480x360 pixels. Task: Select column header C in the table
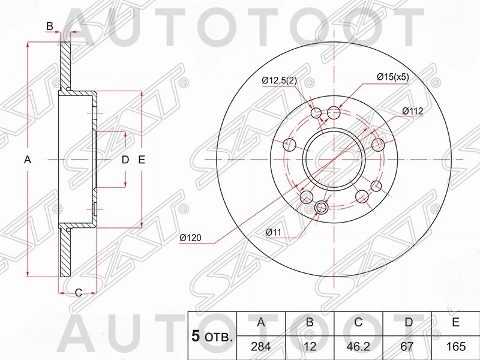click(x=358, y=323)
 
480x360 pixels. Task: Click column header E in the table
click(x=456, y=323)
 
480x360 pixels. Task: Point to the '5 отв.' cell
click(x=212, y=336)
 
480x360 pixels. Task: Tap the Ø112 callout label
click(x=413, y=111)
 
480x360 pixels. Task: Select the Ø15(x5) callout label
click(x=392, y=77)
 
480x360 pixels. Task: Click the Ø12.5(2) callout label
click(x=280, y=81)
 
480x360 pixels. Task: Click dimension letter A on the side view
click(x=26, y=160)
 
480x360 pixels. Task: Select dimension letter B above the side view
click(x=50, y=25)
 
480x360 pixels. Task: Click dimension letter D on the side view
click(x=125, y=160)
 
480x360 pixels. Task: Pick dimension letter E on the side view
click(x=142, y=160)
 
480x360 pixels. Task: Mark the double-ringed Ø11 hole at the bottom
click(x=322, y=208)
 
